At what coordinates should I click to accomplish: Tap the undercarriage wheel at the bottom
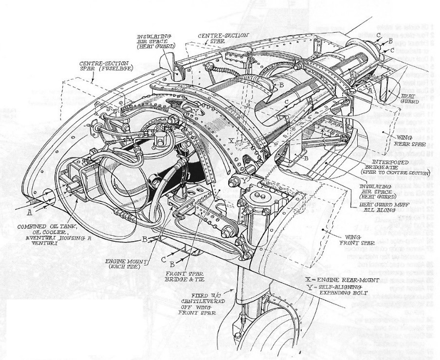pyautogui.click(x=263, y=341)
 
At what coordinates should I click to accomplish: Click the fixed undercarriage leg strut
pyautogui.click(x=243, y=297)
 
